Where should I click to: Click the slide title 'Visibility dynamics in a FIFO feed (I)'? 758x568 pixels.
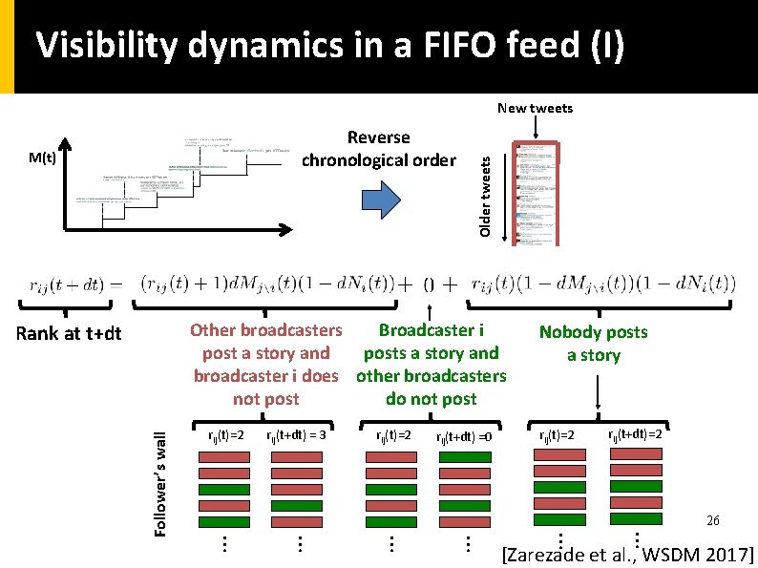(329, 45)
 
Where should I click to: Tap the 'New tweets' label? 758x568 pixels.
(535, 108)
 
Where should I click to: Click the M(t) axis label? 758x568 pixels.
(42, 158)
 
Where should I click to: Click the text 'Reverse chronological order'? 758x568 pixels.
(379, 149)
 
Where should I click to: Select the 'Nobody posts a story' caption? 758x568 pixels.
(593, 344)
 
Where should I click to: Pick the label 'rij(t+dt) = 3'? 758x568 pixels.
(296, 435)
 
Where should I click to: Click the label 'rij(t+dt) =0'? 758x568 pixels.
(464, 436)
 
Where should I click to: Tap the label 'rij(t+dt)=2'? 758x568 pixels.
(635, 434)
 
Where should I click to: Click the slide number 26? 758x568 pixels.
(712, 521)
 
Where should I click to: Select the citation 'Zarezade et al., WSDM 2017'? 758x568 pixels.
(627, 555)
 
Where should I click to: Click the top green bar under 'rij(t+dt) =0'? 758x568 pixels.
(464, 457)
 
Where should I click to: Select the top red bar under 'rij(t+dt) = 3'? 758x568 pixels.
(298, 457)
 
